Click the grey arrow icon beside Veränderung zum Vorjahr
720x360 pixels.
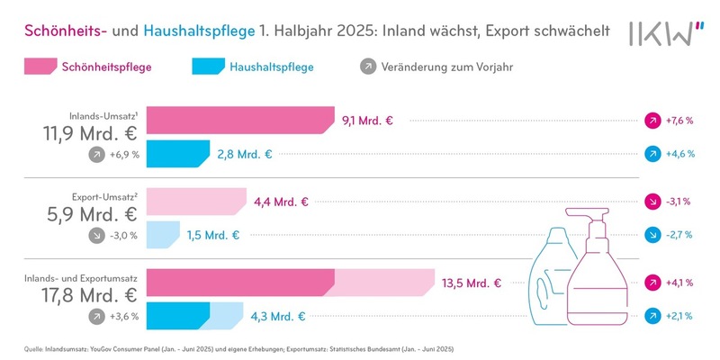[366, 67]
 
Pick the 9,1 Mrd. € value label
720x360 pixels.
[369, 120]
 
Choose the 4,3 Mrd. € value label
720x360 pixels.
[281, 317]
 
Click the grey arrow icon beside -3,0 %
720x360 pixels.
[95, 236]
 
